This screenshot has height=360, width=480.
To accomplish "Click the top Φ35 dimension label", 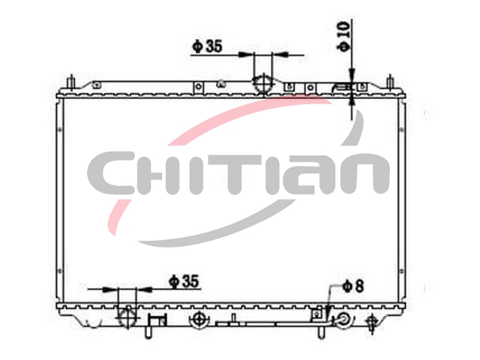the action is [x=207, y=46].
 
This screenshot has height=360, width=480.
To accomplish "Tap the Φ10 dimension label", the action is [x=343, y=37].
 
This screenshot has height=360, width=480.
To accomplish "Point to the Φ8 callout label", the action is [x=353, y=286].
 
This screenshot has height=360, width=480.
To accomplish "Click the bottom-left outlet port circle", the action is [x=127, y=317].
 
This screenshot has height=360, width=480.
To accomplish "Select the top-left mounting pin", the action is [x=71, y=82].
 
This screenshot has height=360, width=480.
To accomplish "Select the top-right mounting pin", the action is [x=390, y=82].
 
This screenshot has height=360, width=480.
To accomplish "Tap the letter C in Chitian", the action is [x=108, y=173].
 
